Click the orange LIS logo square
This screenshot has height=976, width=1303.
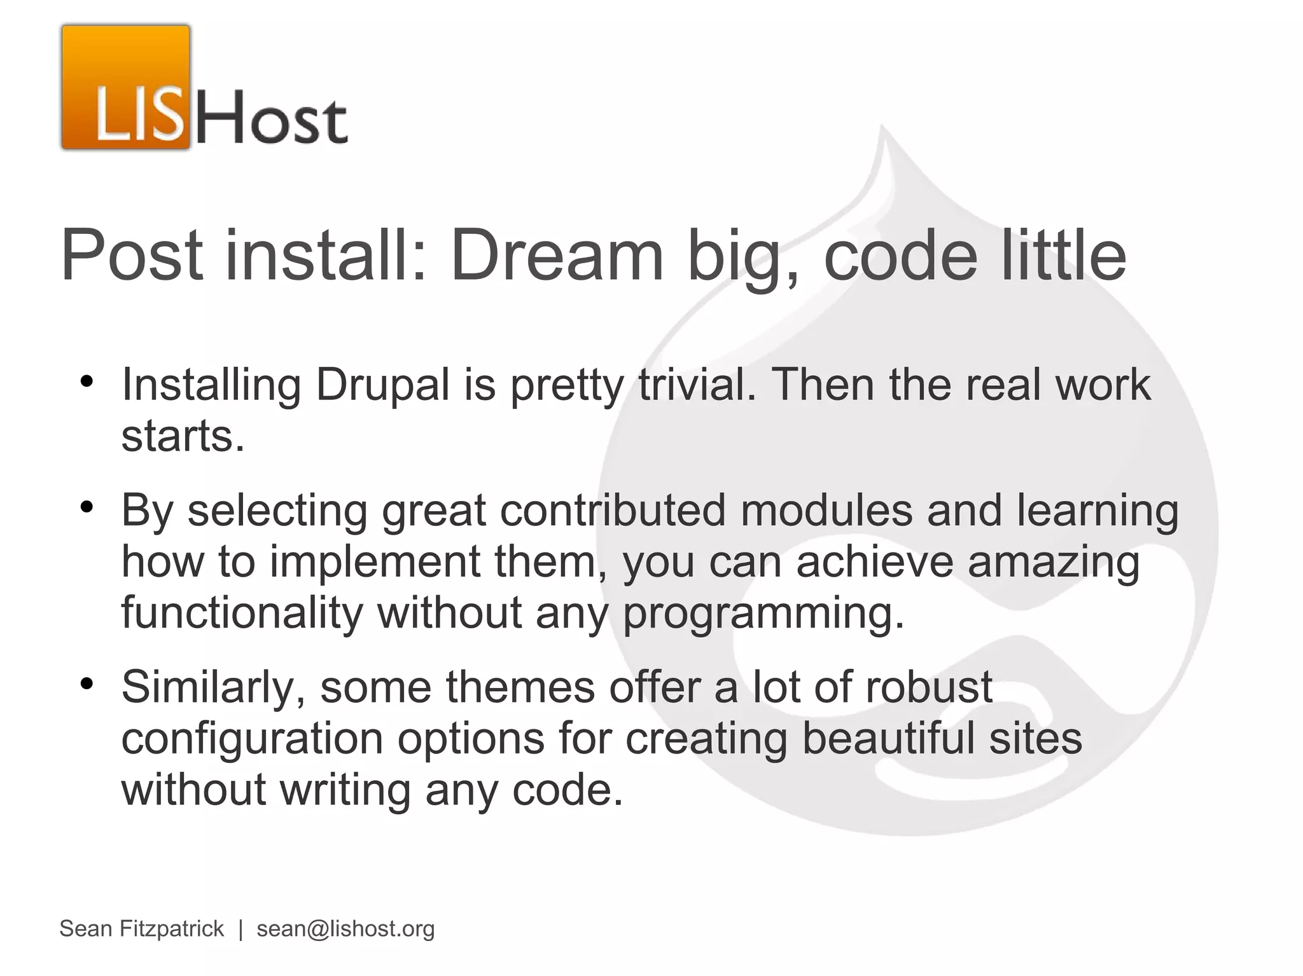tap(126, 87)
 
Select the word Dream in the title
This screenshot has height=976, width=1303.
tap(557, 256)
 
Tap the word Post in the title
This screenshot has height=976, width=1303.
tap(132, 256)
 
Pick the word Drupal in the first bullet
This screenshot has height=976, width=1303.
tap(382, 385)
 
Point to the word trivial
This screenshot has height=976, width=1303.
tap(697, 385)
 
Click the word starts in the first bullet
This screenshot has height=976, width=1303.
tap(183, 437)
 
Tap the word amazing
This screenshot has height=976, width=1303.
tap(1053, 562)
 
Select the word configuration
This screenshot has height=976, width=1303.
tap(252, 739)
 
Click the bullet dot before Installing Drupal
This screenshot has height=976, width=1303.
tap(87, 381)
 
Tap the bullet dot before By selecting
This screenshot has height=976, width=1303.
tap(87, 507)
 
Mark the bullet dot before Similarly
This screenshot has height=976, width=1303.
tap(87, 684)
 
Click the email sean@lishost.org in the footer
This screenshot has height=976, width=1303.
tap(345, 929)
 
